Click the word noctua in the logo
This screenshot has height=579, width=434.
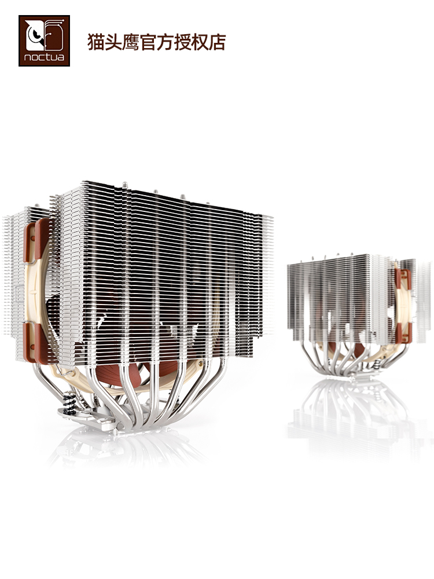[x=44, y=57]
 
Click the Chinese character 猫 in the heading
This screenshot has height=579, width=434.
[x=95, y=42]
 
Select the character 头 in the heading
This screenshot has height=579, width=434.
[x=113, y=42]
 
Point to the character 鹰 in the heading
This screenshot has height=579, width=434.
[x=130, y=42]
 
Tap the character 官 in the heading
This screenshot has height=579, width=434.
[x=147, y=42]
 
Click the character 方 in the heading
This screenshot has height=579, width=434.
[x=164, y=42]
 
